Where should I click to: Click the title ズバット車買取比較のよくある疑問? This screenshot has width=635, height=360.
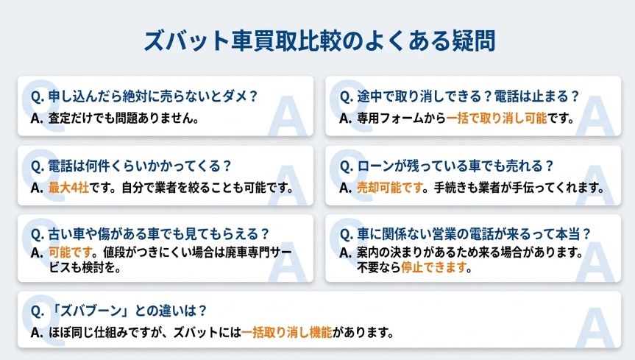[317, 40]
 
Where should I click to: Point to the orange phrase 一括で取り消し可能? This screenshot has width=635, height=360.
[497, 118]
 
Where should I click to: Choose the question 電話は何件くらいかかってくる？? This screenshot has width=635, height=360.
[132, 166]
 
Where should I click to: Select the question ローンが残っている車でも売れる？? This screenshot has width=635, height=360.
[446, 166]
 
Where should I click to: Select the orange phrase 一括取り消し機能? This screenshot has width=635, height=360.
[286, 333]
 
